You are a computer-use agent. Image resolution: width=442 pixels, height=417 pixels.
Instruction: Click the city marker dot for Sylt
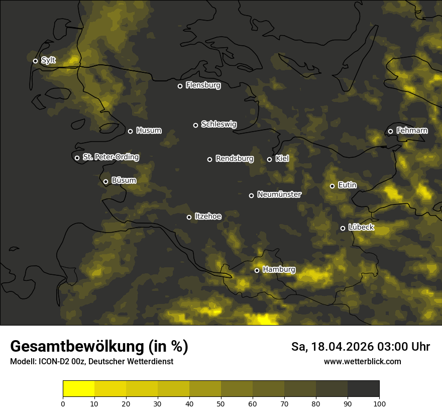(35, 61)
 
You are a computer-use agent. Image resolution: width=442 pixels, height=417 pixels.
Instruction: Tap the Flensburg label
(203, 85)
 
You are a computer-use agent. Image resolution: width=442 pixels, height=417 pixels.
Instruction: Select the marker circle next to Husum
(130, 131)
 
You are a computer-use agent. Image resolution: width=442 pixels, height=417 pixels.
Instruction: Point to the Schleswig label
(218, 124)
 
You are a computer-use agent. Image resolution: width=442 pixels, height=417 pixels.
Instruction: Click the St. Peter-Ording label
(111, 157)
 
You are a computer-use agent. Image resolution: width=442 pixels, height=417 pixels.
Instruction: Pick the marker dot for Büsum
(105, 182)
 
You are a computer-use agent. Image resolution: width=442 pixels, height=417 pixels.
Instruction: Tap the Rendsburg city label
(234, 159)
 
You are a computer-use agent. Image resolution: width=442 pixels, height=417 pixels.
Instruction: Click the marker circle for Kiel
(269, 159)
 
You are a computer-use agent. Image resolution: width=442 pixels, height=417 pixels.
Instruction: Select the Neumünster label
(279, 194)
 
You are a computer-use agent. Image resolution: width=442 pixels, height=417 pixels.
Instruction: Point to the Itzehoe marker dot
(189, 217)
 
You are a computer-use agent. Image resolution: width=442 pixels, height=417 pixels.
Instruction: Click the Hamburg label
(279, 270)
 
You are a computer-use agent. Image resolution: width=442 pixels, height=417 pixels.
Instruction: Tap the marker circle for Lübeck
(343, 228)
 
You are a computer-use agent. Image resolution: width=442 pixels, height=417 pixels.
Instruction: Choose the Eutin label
(347, 185)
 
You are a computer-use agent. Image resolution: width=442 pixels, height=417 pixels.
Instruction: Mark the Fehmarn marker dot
(390, 131)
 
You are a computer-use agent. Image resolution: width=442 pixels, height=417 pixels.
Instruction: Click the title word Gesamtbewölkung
(76, 347)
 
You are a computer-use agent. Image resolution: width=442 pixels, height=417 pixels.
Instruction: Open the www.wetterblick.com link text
(362, 361)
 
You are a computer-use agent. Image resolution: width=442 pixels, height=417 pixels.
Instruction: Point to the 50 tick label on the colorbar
(221, 403)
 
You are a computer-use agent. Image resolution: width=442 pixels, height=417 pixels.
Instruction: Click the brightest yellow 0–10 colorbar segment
(79, 389)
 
